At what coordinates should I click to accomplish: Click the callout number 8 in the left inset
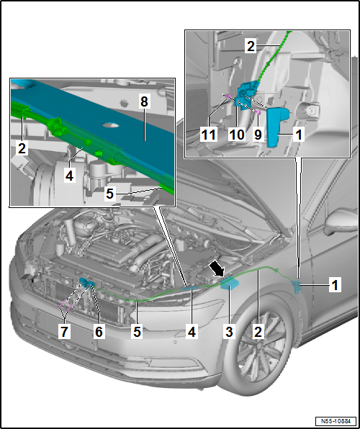click(x=143, y=104)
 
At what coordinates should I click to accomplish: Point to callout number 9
click(x=257, y=133)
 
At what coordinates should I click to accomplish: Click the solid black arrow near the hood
click(x=215, y=268)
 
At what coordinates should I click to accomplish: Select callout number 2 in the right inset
click(x=251, y=47)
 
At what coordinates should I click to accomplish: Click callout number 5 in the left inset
click(x=109, y=193)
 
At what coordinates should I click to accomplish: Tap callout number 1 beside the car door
click(x=333, y=285)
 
